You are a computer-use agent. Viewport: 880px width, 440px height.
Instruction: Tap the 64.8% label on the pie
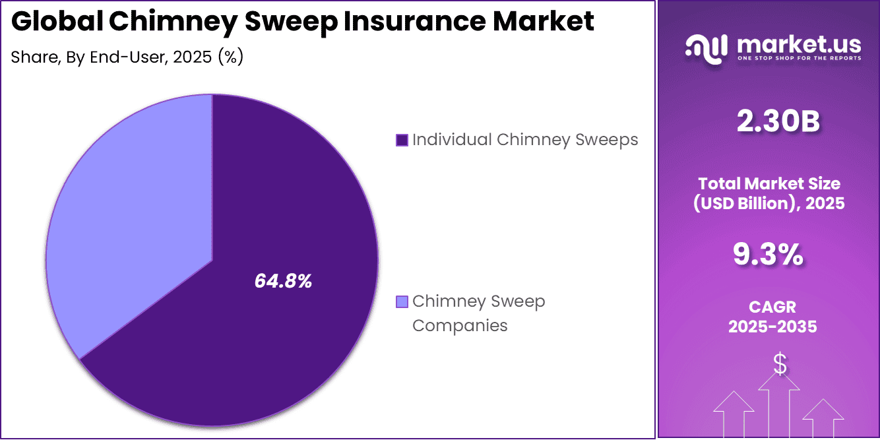click(283, 282)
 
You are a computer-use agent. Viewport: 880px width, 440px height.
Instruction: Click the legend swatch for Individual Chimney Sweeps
click(401, 140)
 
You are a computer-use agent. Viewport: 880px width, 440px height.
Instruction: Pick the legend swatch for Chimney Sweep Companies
click(401, 302)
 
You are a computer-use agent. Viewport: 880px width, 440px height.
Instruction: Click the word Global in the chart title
click(56, 22)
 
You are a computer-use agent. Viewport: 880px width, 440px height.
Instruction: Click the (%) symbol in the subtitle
click(231, 57)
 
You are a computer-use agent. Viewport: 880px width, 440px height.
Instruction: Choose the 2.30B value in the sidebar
click(769, 123)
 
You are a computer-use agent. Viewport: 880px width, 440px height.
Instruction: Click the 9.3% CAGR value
click(769, 255)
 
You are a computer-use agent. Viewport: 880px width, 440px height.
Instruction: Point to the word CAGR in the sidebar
click(769, 307)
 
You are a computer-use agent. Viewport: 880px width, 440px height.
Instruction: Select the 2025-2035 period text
click(769, 327)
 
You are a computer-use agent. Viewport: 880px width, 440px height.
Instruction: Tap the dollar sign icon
click(780, 364)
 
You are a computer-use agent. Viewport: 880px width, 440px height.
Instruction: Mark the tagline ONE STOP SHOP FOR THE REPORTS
click(798, 59)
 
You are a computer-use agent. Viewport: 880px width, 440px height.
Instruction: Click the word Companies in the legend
click(460, 325)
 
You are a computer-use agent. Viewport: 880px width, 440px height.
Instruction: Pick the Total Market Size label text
click(769, 183)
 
